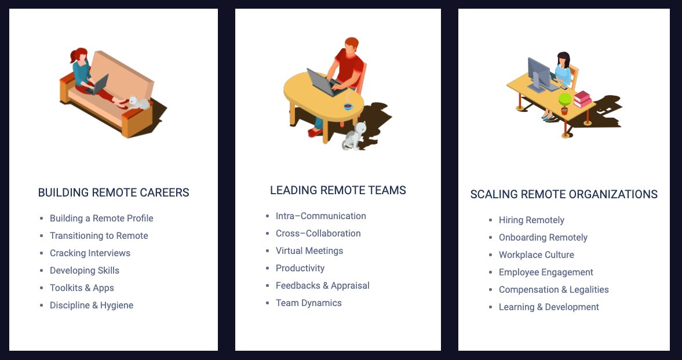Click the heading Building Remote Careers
[114, 192]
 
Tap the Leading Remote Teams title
[338, 190]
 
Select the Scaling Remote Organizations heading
[564, 194]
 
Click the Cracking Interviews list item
[90, 253]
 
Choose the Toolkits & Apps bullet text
[82, 288]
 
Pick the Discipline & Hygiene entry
[92, 306]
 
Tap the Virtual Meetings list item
[309, 251]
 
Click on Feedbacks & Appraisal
[322, 286]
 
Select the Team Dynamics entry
[309, 303]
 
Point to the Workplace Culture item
[537, 255]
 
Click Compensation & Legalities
[554, 290]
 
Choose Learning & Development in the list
[549, 307]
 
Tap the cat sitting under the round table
[354, 137]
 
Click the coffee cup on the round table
[348, 106]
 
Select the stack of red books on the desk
[582, 99]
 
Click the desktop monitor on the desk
[539, 73]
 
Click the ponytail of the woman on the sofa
[74, 57]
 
